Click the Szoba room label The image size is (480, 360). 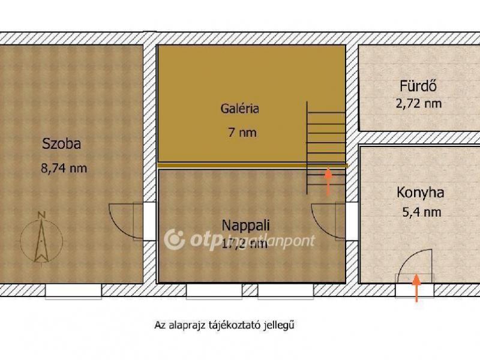(61, 144)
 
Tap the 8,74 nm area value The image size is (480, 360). (64, 168)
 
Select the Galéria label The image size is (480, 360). (239, 109)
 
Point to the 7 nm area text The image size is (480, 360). (242, 133)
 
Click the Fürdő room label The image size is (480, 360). (418, 85)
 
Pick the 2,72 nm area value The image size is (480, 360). (418, 103)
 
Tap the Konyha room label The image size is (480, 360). (420, 193)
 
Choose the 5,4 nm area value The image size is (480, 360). (420, 212)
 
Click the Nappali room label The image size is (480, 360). (245, 226)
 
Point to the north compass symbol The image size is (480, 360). (41, 237)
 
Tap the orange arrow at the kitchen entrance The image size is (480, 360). (416, 287)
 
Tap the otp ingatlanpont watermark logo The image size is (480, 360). (175, 239)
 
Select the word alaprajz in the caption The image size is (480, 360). (187, 326)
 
